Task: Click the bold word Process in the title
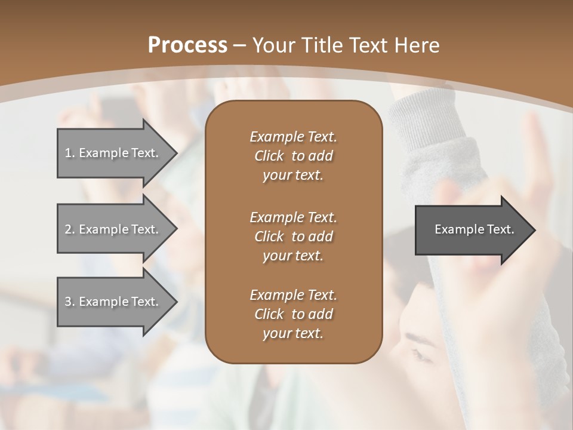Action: point(187,45)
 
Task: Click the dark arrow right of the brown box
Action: point(472,230)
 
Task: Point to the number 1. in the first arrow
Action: point(69,153)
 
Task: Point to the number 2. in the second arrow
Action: point(69,229)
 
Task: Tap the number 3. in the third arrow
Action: point(69,302)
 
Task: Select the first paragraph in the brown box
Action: point(293,156)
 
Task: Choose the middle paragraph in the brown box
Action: point(293,236)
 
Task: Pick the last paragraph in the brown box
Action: point(293,314)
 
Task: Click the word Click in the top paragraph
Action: point(269,156)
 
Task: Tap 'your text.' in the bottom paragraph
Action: point(293,334)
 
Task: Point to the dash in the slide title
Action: point(239,45)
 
